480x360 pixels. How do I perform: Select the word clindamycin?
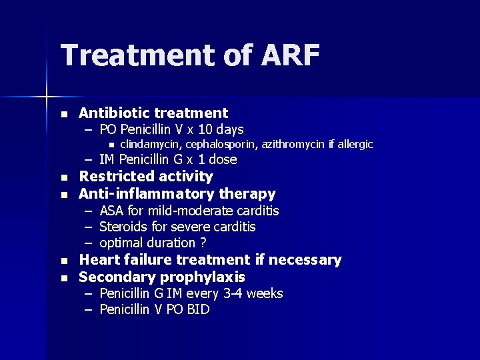coord(151,145)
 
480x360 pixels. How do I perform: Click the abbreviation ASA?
coord(111,211)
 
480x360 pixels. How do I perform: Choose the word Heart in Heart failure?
coord(98,260)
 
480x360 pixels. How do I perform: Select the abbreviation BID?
coord(197,310)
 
